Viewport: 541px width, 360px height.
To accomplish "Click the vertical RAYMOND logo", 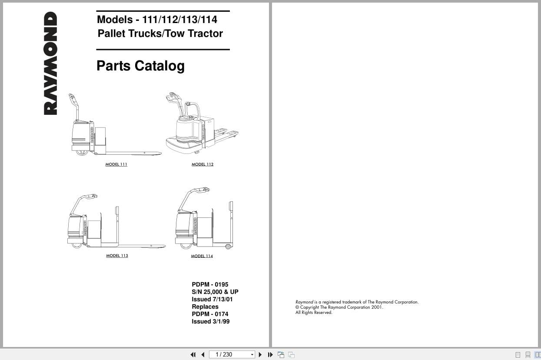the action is pos(50,63).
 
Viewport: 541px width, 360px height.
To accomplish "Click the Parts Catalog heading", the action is pos(140,66).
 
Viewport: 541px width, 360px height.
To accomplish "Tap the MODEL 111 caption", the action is pos(116,164).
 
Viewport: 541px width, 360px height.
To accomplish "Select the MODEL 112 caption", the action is pos(202,164).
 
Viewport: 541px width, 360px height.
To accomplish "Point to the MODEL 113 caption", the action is pos(117,256).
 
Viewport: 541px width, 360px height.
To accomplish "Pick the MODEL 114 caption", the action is pos(202,256).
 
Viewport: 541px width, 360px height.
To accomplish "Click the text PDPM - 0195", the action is pos(210,284).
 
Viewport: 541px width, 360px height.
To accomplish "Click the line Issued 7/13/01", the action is pos(212,299).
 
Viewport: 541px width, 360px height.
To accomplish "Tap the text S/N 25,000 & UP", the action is pos(215,292).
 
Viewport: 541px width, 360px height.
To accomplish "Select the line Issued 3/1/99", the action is pos(211,321).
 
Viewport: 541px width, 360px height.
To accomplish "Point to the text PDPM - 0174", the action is pos(210,314).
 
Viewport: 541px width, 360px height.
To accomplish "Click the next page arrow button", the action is pos(260,354).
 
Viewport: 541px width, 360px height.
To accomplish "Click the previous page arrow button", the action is pos(203,354).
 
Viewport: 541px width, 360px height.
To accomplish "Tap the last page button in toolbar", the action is pos(270,354).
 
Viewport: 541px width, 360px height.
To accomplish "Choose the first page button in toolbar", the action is pos(193,354).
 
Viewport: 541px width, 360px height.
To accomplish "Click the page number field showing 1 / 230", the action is pos(232,354).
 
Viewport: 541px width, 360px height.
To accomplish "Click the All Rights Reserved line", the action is pos(314,313).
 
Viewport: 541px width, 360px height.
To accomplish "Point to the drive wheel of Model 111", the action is pos(82,153).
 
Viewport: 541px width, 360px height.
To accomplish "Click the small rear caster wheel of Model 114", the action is pos(228,247).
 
